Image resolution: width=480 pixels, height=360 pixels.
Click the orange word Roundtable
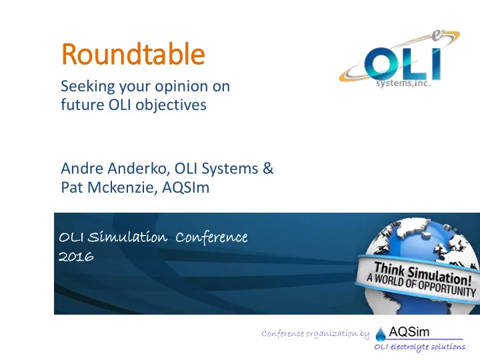[133, 54]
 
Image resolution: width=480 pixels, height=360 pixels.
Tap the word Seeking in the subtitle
[88, 86]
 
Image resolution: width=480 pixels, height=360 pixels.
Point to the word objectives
[171, 105]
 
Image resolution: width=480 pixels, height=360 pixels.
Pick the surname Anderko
[139, 169]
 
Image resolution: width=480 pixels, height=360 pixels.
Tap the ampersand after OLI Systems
[268, 169]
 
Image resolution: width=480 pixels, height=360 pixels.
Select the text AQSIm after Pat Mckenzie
[186, 187]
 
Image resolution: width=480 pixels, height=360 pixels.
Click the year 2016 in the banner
[76, 257]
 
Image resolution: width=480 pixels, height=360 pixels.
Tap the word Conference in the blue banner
[211, 237]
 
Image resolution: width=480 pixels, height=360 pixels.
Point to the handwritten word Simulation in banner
[127, 237]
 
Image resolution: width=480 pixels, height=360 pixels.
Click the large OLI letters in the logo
[402, 64]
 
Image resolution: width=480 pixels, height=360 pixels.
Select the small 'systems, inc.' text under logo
[403, 83]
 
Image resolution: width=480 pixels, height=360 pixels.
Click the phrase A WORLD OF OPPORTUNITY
[421, 285]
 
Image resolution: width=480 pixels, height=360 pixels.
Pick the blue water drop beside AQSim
[381, 334]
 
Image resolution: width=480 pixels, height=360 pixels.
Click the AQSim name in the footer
[409, 332]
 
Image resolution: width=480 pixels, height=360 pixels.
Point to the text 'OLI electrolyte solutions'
[420, 347]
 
